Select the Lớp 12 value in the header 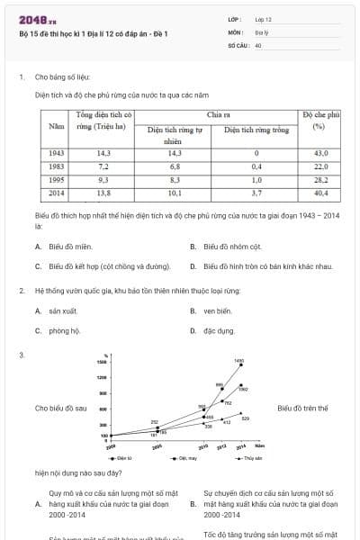click(x=263, y=19)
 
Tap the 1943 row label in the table click(x=56, y=154)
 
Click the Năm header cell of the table click(x=56, y=127)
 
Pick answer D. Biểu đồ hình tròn click(x=267, y=265)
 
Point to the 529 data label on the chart click(x=246, y=418)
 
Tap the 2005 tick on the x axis click(x=157, y=446)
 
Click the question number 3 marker click(x=21, y=355)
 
